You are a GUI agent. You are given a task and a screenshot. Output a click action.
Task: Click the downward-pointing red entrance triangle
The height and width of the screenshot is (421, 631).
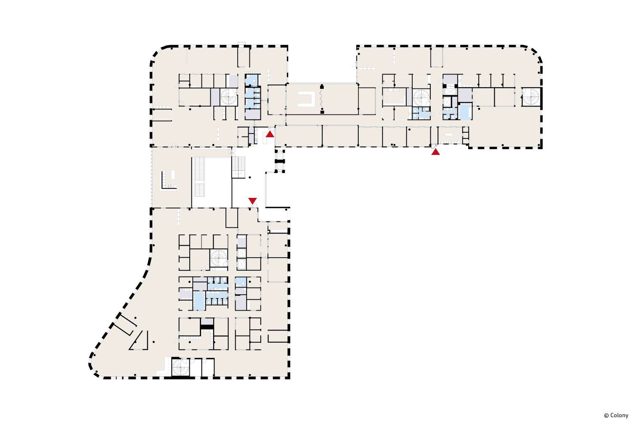click(x=252, y=201)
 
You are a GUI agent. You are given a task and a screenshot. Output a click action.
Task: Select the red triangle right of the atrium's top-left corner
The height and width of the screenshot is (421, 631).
click(x=270, y=134)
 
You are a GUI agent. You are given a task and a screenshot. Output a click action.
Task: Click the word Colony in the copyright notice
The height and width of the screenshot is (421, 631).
click(x=619, y=416)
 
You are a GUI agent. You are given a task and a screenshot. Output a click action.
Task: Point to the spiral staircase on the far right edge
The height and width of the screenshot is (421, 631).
click(x=531, y=97)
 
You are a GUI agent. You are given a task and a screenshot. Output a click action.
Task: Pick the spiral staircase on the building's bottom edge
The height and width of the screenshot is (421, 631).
click(x=180, y=367)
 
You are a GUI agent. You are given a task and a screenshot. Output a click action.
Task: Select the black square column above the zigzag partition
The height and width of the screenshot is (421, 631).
click(x=322, y=87)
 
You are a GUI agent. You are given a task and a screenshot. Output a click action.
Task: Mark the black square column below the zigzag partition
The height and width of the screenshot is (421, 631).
click(x=322, y=112)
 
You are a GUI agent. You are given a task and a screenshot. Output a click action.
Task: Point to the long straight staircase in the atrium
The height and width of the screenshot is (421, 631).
click(x=199, y=177)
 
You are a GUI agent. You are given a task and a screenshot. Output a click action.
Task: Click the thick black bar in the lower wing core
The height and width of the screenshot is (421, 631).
click(x=207, y=327)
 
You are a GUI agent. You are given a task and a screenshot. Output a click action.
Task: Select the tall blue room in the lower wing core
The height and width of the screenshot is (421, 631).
click(x=199, y=301)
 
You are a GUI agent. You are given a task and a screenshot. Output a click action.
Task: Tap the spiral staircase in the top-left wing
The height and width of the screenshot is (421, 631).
click(x=228, y=97)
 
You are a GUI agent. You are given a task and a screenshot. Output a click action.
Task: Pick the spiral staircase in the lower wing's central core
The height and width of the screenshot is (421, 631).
click(x=219, y=258)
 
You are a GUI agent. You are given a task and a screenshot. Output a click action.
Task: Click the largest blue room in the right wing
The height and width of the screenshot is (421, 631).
click(x=466, y=112)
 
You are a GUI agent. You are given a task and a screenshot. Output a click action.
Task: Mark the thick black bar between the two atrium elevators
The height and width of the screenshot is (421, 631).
click(x=280, y=161)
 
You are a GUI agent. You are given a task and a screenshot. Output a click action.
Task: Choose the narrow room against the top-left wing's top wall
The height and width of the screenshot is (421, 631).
click(x=244, y=57)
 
